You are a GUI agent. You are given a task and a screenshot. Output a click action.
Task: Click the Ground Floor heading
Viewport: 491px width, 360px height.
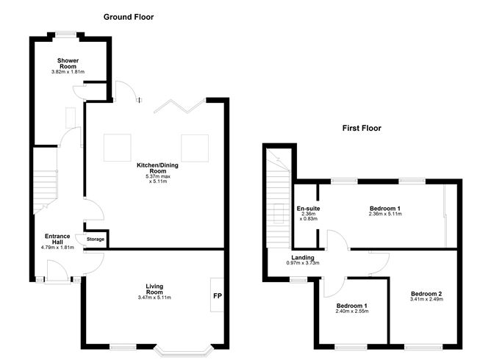[129, 16]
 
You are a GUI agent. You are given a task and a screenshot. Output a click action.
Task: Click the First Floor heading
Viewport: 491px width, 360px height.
[362, 128]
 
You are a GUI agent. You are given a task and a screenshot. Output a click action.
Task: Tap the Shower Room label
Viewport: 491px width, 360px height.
[68, 63]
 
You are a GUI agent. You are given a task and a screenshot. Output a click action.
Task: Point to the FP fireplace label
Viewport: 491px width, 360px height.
[217, 295]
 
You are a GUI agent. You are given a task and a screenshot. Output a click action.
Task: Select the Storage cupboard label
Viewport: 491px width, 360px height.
[96, 240]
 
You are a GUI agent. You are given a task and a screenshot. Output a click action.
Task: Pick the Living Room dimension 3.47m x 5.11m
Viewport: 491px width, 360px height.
[154, 298]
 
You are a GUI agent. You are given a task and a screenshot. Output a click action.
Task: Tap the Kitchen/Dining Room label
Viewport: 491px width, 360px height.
[157, 165]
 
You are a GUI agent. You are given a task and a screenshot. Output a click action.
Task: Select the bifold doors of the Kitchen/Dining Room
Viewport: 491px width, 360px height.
[179, 107]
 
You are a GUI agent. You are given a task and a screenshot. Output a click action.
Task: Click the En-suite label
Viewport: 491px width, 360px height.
[307, 209]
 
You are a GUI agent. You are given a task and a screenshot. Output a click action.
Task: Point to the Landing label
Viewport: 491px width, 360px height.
[303, 258]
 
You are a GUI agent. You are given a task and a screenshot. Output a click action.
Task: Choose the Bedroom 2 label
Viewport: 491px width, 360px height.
[426, 294]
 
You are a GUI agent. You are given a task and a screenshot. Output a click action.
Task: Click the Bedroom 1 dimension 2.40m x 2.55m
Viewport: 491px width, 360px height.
[352, 311]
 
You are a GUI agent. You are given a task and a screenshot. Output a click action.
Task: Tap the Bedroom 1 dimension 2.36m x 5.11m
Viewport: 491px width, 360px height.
[390, 214]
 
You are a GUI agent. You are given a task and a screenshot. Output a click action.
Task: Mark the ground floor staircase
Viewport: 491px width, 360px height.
[45, 192]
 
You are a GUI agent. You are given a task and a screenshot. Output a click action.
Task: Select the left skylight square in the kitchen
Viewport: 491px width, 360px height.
[116, 148]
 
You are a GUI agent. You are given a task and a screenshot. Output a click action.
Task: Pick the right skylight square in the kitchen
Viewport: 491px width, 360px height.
[195, 148]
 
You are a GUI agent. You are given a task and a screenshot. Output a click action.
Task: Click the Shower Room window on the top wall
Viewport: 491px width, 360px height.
[69, 34]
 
